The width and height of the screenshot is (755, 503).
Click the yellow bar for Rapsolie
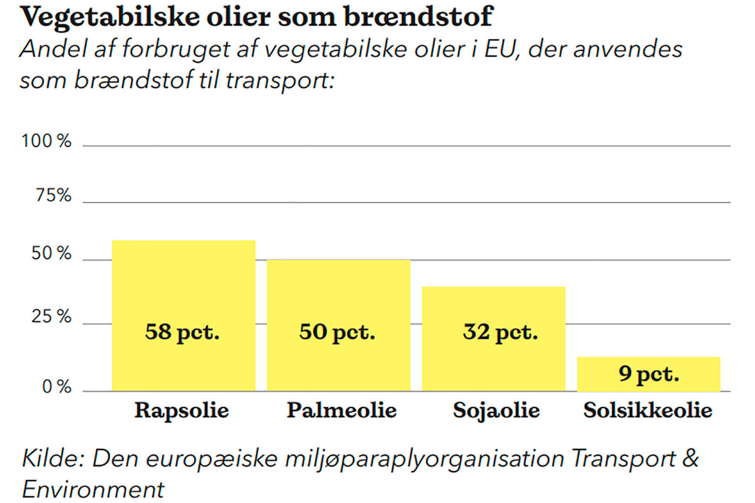[183, 283]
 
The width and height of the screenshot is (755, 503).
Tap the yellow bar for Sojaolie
[493, 308]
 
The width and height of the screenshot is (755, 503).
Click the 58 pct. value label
[182, 331]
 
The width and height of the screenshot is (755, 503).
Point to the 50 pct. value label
[337, 331]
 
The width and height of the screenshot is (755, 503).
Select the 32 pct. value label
[500, 331]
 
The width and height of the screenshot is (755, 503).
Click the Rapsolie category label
[182, 411]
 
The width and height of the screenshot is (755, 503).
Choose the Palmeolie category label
[342, 411]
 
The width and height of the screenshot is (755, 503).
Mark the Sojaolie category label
[496, 411]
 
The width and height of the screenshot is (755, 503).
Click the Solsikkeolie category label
[647, 411]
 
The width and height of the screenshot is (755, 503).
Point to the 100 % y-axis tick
[47, 141]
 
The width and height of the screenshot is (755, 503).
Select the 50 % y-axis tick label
[51, 255]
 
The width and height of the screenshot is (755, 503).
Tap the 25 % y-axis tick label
[51, 317]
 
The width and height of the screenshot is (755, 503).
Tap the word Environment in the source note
[93, 488]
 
